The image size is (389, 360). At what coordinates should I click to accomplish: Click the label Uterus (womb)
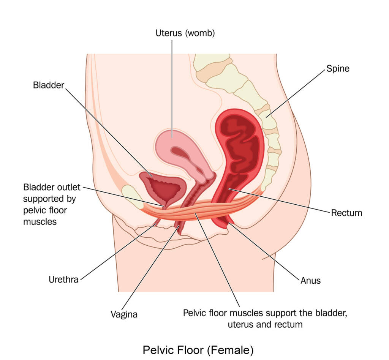(x=185, y=33)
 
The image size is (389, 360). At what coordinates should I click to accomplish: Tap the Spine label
(x=337, y=69)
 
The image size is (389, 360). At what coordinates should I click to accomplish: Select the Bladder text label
(x=49, y=85)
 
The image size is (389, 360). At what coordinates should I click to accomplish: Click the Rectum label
(x=346, y=213)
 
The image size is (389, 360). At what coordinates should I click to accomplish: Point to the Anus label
(x=310, y=281)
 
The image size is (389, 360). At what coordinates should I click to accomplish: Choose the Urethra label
(x=63, y=280)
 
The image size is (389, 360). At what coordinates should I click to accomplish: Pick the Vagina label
(x=124, y=314)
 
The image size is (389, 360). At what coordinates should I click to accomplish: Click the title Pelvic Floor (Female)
(x=198, y=349)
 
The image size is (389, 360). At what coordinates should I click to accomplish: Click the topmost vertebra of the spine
(x=211, y=61)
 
